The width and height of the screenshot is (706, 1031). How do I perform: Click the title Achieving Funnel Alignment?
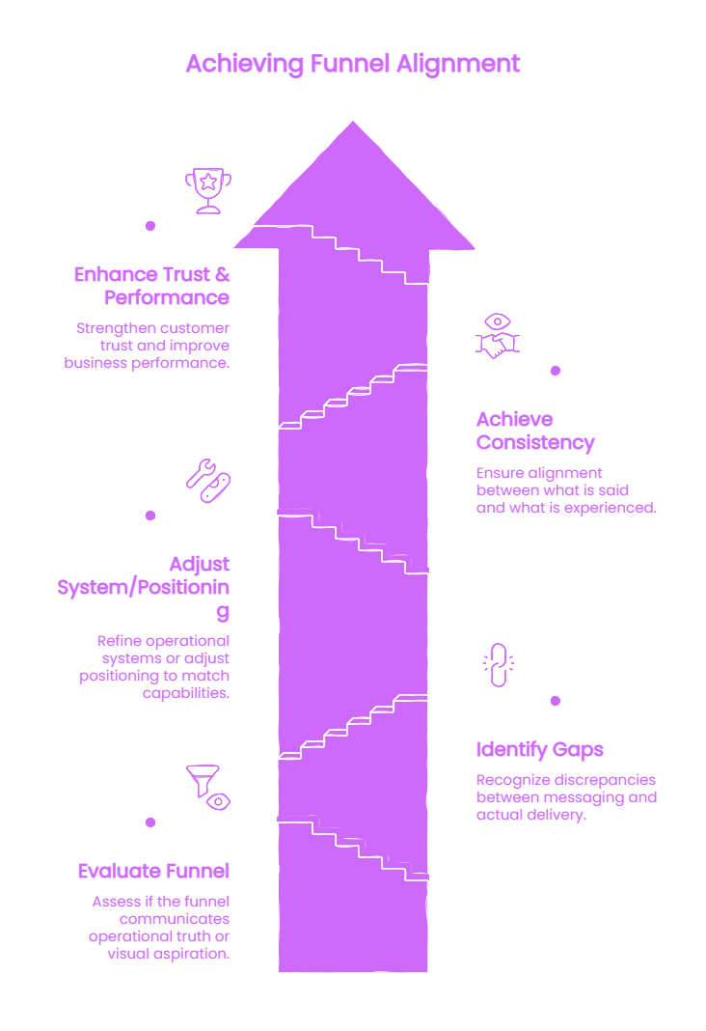click(x=353, y=65)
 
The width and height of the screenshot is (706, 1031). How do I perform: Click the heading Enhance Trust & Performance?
click(x=151, y=286)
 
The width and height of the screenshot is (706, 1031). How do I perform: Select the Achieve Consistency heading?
click(x=535, y=431)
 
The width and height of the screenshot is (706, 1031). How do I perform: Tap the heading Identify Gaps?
click(x=540, y=749)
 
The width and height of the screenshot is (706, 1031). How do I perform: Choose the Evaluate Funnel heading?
click(x=153, y=871)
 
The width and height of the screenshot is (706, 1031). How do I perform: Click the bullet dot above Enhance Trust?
click(x=150, y=226)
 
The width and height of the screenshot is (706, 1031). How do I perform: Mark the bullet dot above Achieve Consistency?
click(x=556, y=371)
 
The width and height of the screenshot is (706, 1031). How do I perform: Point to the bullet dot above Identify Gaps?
click(x=556, y=701)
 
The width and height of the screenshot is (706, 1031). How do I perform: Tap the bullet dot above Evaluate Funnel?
click(x=150, y=822)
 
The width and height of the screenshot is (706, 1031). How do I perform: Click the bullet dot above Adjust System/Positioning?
click(x=150, y=515)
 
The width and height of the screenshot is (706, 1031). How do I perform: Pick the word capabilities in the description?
click(x=186, y=694)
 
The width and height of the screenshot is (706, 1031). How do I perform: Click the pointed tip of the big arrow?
click(x=353, y=122)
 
